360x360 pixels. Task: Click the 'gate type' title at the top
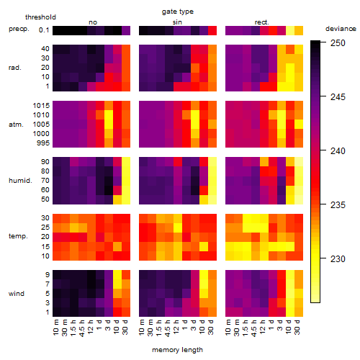click(x=178, y=12)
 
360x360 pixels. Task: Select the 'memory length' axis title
click(x=177, y=350)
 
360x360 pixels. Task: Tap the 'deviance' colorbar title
click(x=341, y=29)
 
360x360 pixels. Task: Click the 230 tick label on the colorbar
click(x=338, y=259)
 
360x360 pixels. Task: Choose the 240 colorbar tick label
click(x=338, y=151)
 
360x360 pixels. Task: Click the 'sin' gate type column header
click(x=177, y=22)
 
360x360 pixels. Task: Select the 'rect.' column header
click(x=262, y=22)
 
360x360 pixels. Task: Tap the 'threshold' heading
click(x=40, y=17)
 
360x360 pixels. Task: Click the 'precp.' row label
click(x=19, y=29)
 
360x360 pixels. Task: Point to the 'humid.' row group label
click(x=20, y=181)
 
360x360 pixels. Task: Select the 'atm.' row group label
click(x=16, y=125)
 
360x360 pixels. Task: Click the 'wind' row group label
click(x=17, y=294)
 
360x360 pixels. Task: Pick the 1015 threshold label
click(x=41, y=106)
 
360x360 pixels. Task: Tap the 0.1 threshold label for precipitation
click(x=44, y=30)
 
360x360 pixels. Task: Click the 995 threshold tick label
click(x=43, y=143)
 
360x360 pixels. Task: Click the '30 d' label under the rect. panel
click(x=297, y=327)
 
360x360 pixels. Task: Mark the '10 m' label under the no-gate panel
click(x=55, y=327)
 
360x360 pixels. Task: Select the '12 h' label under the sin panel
click(x=176, y=327)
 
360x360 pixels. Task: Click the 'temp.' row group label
click(x=18, y=236)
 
